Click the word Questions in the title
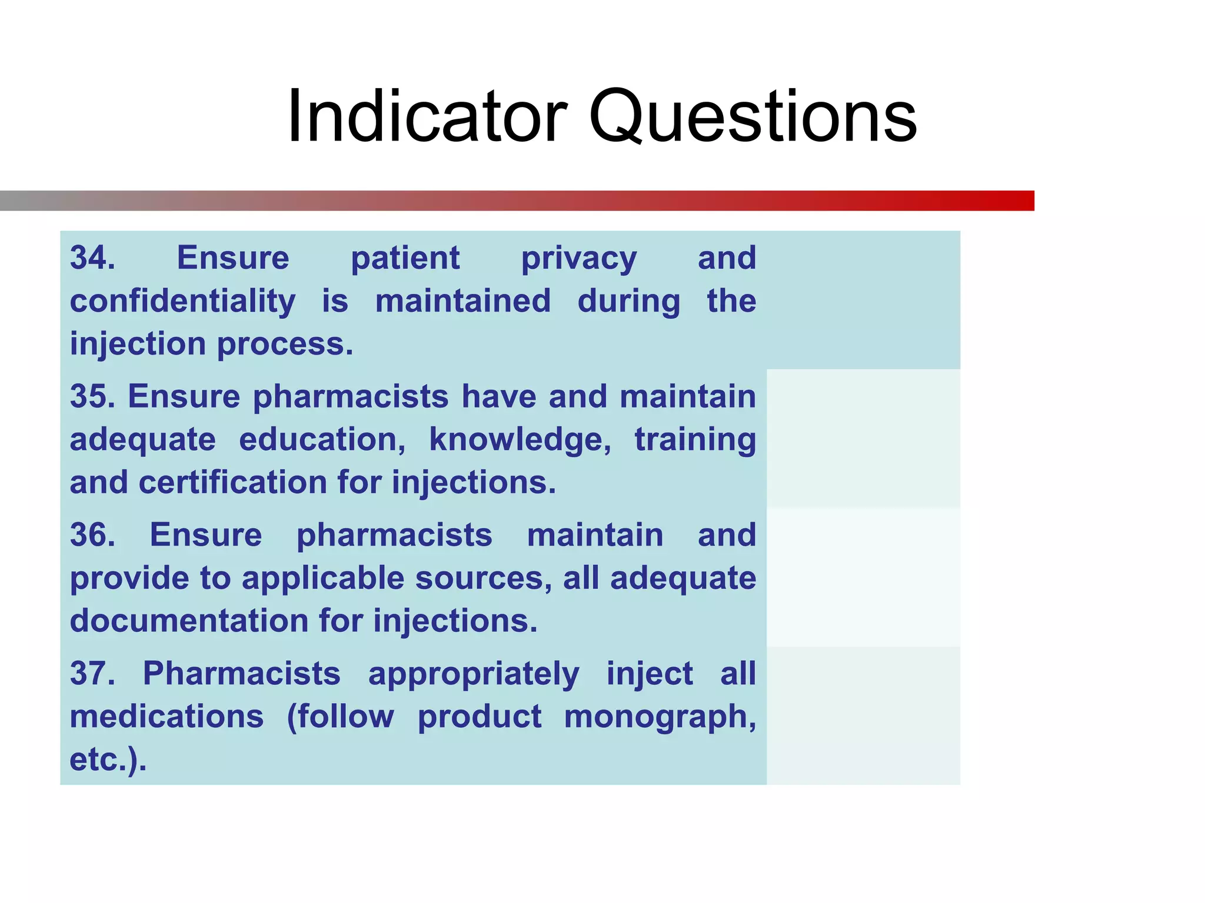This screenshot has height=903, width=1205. click(753, 116)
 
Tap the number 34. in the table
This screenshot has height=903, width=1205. click(92, 257)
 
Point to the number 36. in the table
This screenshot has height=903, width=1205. click(92, 534)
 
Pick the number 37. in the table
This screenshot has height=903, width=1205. click(92, 673)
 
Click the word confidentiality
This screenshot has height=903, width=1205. click(182, 301)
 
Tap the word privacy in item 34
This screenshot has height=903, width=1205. click(578, 259)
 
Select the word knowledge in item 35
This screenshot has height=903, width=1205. click(520, 440)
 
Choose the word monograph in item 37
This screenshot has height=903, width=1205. click(659, 717)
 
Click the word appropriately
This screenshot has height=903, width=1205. click(474, 674)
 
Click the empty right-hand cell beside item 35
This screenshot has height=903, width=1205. click(863, 439)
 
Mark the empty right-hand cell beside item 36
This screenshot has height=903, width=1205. click(863, 577)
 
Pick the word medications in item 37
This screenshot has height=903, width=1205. click(167, 717)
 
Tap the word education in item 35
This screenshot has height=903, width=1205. click(322, 440)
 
